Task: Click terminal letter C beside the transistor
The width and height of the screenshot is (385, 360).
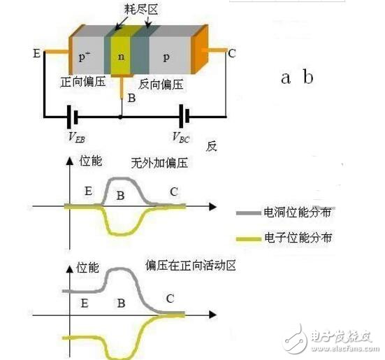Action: [x=231, y=51]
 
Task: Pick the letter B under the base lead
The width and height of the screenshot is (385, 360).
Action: [x=131, y=99]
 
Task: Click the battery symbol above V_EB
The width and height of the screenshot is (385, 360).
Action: [x=71, y=117]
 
